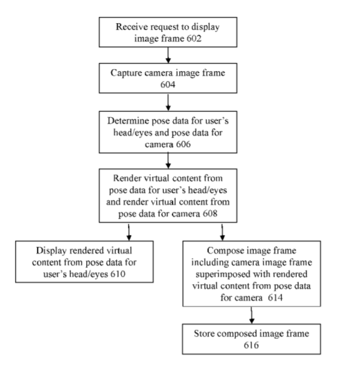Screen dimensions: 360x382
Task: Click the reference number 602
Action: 194,39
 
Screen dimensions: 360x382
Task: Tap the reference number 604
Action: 168,85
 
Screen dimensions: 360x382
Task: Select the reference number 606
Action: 183,144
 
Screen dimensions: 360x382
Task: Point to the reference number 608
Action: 210,214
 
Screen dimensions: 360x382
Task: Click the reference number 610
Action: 118,274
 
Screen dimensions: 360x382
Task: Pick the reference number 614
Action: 275,297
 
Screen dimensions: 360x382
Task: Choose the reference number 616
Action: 251,345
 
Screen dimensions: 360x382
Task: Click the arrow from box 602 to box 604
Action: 168,55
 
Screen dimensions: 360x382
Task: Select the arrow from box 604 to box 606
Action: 168,102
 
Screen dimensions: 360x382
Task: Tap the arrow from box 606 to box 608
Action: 168,161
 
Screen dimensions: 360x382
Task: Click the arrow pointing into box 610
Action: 129,232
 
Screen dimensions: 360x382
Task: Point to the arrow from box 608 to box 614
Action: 222,232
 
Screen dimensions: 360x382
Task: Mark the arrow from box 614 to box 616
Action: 251,315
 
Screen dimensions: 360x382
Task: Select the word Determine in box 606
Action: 129,121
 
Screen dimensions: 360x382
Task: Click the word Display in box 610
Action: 51,251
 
